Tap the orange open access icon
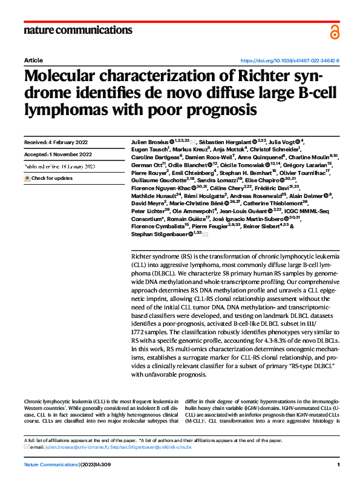tap(335, 32)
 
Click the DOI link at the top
tap(290, 61)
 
